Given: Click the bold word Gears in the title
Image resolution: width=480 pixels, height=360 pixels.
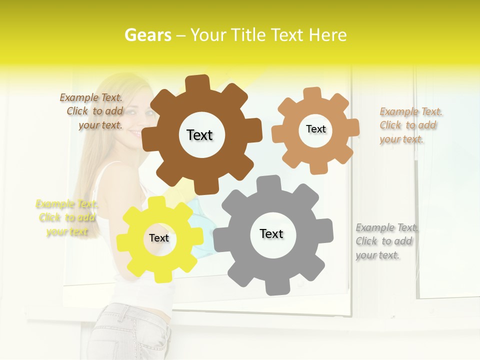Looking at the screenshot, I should [x=147, y=35].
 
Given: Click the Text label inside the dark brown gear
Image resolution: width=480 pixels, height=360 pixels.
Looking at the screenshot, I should [x=199, y=135].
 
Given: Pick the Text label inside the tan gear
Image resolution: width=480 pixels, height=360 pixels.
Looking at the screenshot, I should [x=315, y=129].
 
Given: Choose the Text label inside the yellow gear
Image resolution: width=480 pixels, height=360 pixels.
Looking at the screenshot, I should [x=159, y=238].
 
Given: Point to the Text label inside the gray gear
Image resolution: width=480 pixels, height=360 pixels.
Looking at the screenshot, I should [x=271, y=233].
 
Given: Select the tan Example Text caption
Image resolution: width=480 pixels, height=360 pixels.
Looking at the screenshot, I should [x=410, y=125].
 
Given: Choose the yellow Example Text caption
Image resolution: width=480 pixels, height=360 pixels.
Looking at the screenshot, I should [x=67, y=217].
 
